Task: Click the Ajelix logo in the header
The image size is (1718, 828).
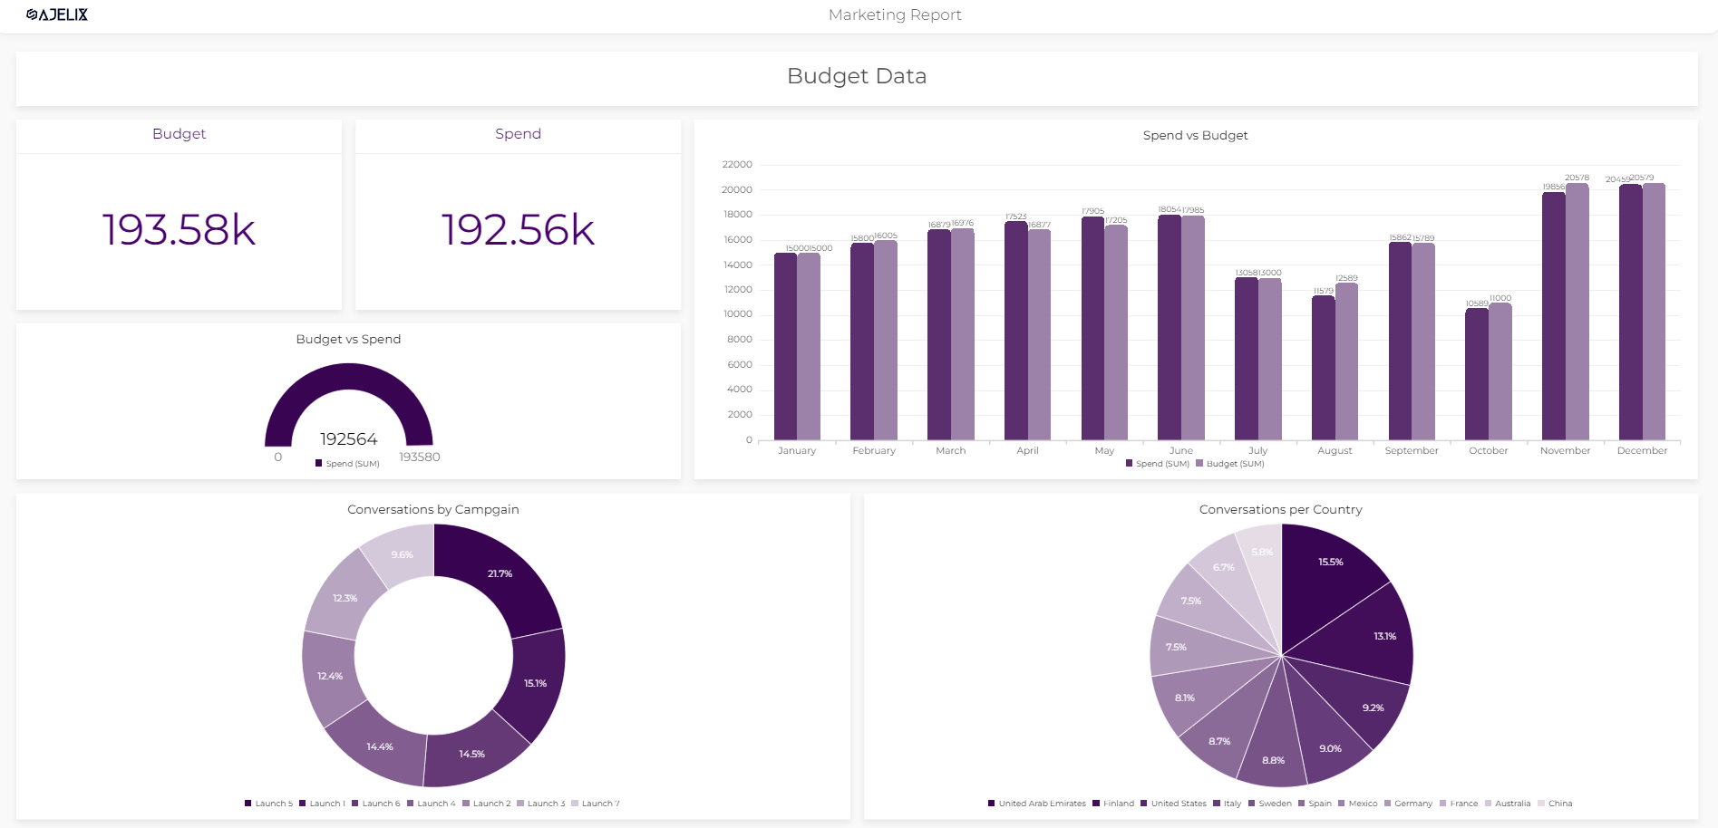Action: click(x=57, y=14)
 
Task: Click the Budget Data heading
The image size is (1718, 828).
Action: click(x=856, y=76)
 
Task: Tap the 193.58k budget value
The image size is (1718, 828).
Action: click(x=179, y=230)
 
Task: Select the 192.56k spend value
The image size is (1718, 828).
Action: click(x=518, y=230)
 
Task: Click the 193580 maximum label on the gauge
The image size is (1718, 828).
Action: click(x=420, y=457)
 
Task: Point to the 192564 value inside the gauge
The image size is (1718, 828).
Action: click(x=348, y=439)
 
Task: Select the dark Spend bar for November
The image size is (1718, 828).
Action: click(x=1553, y=317)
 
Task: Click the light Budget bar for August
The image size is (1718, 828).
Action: click(x=1346, y=362)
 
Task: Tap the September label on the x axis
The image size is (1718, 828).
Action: click(x=1411, y=451)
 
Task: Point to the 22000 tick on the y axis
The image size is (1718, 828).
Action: click(x=737, y=165)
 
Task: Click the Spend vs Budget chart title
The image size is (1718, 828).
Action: click(x=1195, y=136)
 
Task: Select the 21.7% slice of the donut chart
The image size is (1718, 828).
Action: click(x=499, y=574)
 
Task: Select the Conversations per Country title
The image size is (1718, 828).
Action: click(x=1280, y=510)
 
